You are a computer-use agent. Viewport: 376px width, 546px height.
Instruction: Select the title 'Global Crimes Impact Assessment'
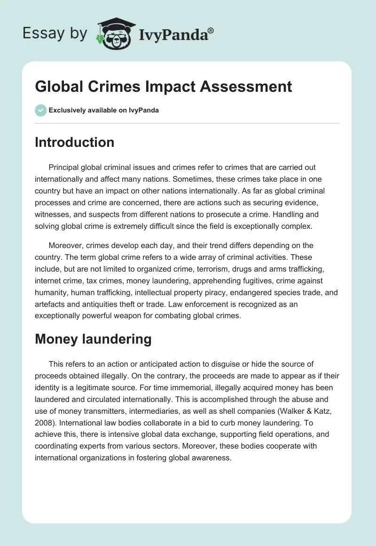(163, 87)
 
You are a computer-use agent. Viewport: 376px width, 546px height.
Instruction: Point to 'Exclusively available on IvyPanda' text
(104, 110)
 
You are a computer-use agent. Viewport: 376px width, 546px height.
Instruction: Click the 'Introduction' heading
(74, 142)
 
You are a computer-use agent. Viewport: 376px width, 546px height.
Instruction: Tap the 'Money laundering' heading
(93, 339)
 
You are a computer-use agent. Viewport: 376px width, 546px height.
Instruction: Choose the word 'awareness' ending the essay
(211, 458)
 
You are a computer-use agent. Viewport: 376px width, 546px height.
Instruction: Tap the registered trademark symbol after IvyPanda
(211, 30)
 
